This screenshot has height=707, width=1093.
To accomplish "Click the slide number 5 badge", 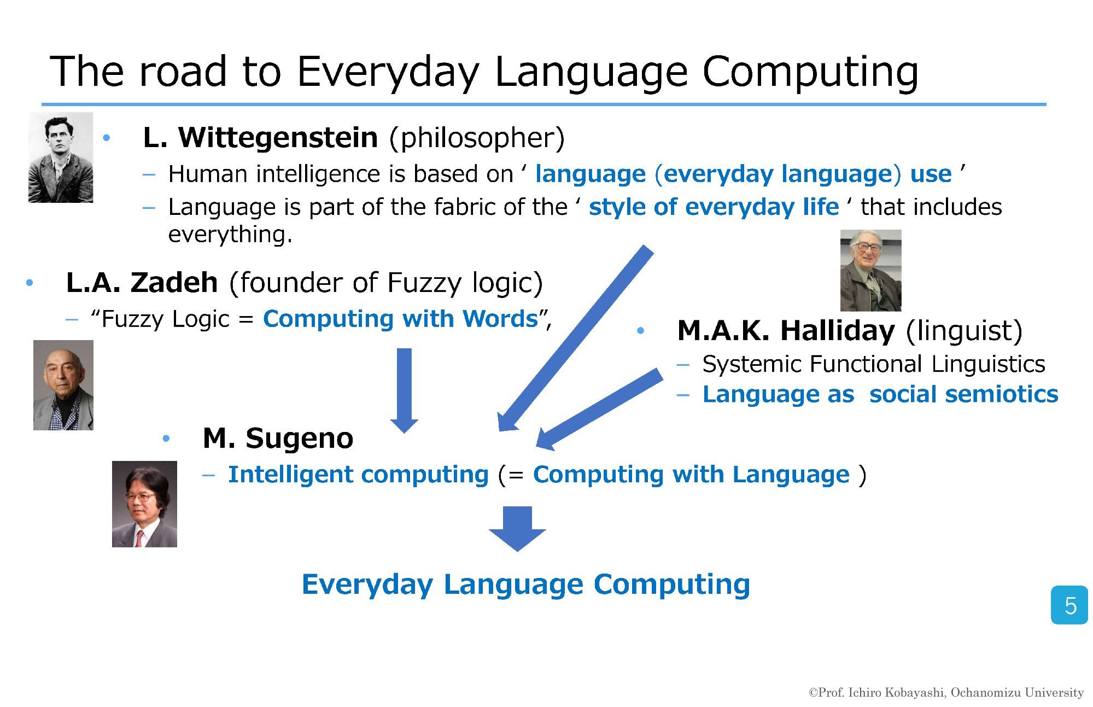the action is pos(1069,605).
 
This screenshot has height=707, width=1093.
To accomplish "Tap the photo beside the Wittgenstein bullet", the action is pos(61,157).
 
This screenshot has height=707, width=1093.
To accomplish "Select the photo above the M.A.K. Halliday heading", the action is pos(870,270).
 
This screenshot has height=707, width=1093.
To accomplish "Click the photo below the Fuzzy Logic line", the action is pos(63,385).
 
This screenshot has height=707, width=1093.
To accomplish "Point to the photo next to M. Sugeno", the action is pos(144,504).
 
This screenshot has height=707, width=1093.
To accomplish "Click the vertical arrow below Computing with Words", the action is pos(404,390).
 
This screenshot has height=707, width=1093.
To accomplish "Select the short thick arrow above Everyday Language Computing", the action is pos(517,529).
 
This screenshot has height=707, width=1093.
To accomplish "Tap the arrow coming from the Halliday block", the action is pos(599,409).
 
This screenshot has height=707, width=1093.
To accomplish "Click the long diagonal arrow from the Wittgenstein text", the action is pos(576,338).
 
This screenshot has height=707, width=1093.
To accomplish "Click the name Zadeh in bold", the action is pos(174,283).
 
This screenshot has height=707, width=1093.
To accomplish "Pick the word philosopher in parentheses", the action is pos(477,138).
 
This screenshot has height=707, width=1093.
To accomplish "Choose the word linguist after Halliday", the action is pos(964,331).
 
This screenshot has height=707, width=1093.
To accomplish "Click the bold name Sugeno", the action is pos(299,439).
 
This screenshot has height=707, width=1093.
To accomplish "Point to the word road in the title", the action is pos(183,72).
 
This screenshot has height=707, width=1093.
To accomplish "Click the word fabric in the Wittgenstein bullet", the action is pos(464,207).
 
